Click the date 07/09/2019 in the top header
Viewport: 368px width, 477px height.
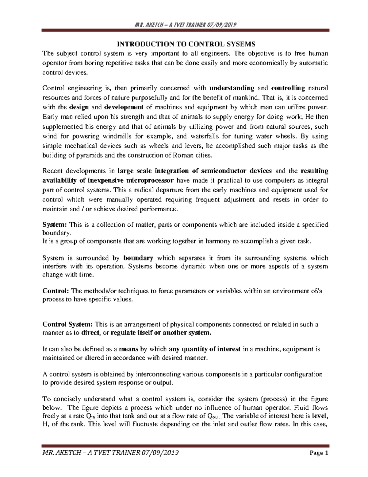click(220, 25)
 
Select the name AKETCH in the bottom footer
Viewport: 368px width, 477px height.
click(68, 453)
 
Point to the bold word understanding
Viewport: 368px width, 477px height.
click(232, 88)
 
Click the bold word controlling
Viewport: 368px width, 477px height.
click(288, 88)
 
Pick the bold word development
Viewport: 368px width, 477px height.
click(124, 107)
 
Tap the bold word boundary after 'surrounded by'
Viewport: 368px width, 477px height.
click(138, 258)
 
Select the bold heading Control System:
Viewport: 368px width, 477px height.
click(67, 324)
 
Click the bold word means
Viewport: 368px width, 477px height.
click(128, 349)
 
